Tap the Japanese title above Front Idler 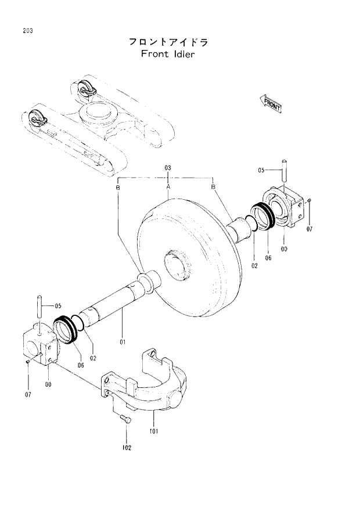coord(167,42)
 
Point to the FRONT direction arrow coord(271,104)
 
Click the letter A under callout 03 coord(168,187)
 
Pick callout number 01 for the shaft coord(123,342)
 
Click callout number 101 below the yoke coord(154,431)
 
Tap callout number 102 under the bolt coord(127,447)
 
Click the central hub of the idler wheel coord(177,265)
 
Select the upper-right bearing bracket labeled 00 coord(285,209)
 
